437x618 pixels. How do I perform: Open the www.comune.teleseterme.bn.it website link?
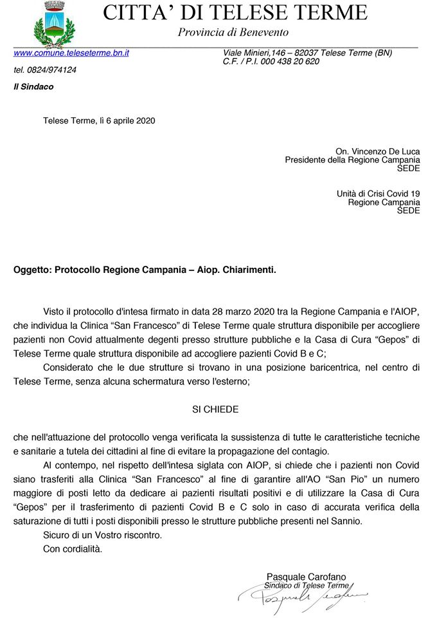pos(71,53)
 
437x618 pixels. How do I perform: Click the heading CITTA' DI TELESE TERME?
pos(235,12)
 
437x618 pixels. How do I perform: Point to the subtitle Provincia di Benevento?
pos(233,32)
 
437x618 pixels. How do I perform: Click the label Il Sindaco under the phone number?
pos(33,86)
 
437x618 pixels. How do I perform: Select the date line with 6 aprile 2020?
pos(99,120)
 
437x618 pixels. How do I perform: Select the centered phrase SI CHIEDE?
pos(215,408)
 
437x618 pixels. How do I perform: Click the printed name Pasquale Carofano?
pos(306,576)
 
